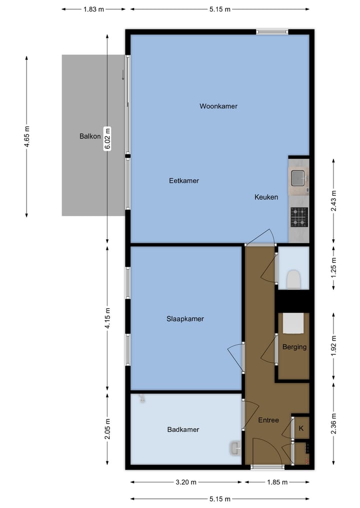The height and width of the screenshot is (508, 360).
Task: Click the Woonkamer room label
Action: click(218, 106)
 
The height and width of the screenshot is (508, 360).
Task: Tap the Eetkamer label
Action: click(183, 181)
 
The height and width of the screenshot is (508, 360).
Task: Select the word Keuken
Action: click(266, 197)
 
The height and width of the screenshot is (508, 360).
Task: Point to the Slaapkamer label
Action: click(185, 319)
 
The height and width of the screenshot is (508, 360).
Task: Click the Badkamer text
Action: click(183, 430)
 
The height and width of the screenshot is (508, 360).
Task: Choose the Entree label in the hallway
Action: click(268, 420)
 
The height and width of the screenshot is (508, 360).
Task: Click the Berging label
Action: click(294, 347)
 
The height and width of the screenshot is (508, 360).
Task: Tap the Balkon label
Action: click(90, 136)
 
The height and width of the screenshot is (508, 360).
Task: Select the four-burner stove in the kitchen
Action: click(299, 217)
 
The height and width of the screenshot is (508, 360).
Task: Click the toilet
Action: click(293, 279)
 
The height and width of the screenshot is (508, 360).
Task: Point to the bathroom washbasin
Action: click(235, 448)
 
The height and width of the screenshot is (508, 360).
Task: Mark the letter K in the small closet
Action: click(301, 428)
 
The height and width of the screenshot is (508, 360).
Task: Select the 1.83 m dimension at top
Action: click(93, 9)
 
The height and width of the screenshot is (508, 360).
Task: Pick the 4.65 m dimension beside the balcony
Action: click(26, 136)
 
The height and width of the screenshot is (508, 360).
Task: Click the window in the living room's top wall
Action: click(272, 32)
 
